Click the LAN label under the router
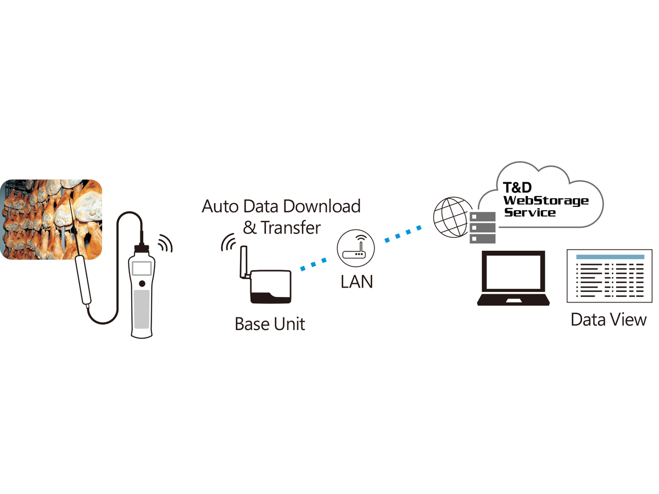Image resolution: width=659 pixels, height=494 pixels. click(x=356, y=282)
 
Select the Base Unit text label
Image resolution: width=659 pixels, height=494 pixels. click(x=270, y=324)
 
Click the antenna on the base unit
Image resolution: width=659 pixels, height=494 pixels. click(x=243, y=262)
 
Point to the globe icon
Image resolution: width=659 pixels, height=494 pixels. click(x=452, y=217)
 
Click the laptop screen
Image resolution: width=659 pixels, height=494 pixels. click(x=513, y=272)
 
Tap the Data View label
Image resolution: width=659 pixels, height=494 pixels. click(x=608, y=320)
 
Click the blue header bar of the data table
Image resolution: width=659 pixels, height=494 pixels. click(x=610, y=257)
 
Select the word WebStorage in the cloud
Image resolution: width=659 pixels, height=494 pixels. click(x=545, y=201)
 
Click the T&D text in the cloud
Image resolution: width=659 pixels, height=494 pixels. click(x=517, y=188)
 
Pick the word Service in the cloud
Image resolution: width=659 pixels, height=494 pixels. click(x=529, y=212)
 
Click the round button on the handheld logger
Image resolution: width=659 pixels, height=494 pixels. click(x=142, y=283)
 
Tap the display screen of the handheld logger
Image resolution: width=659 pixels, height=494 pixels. click(x=142, y=268)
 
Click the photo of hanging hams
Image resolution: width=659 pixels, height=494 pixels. click(x=51, y=219)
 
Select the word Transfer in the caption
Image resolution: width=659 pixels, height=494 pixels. click(x=291, y=228)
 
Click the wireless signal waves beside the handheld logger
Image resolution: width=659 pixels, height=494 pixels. click(x=166, y=243)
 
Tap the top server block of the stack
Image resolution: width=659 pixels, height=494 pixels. click(x=483, y=217)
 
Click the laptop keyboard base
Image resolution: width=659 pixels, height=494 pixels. click(x=513, y=300)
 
